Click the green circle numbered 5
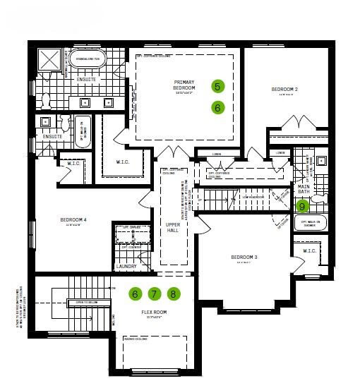tap(217, 86)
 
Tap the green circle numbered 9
tap(302, 207)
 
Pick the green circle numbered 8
tap(174, 293)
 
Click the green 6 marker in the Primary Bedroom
tap(217, 107)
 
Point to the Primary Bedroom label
tap(184, 86)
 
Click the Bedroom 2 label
tap(284, 90)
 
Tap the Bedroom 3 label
tap(245, 257)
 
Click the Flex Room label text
tap(153, 312)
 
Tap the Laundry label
tap(126, 266)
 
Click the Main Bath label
tap(304, 189)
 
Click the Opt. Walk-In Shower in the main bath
tap(311, 224)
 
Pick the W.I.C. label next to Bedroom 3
tap(309, 250)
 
